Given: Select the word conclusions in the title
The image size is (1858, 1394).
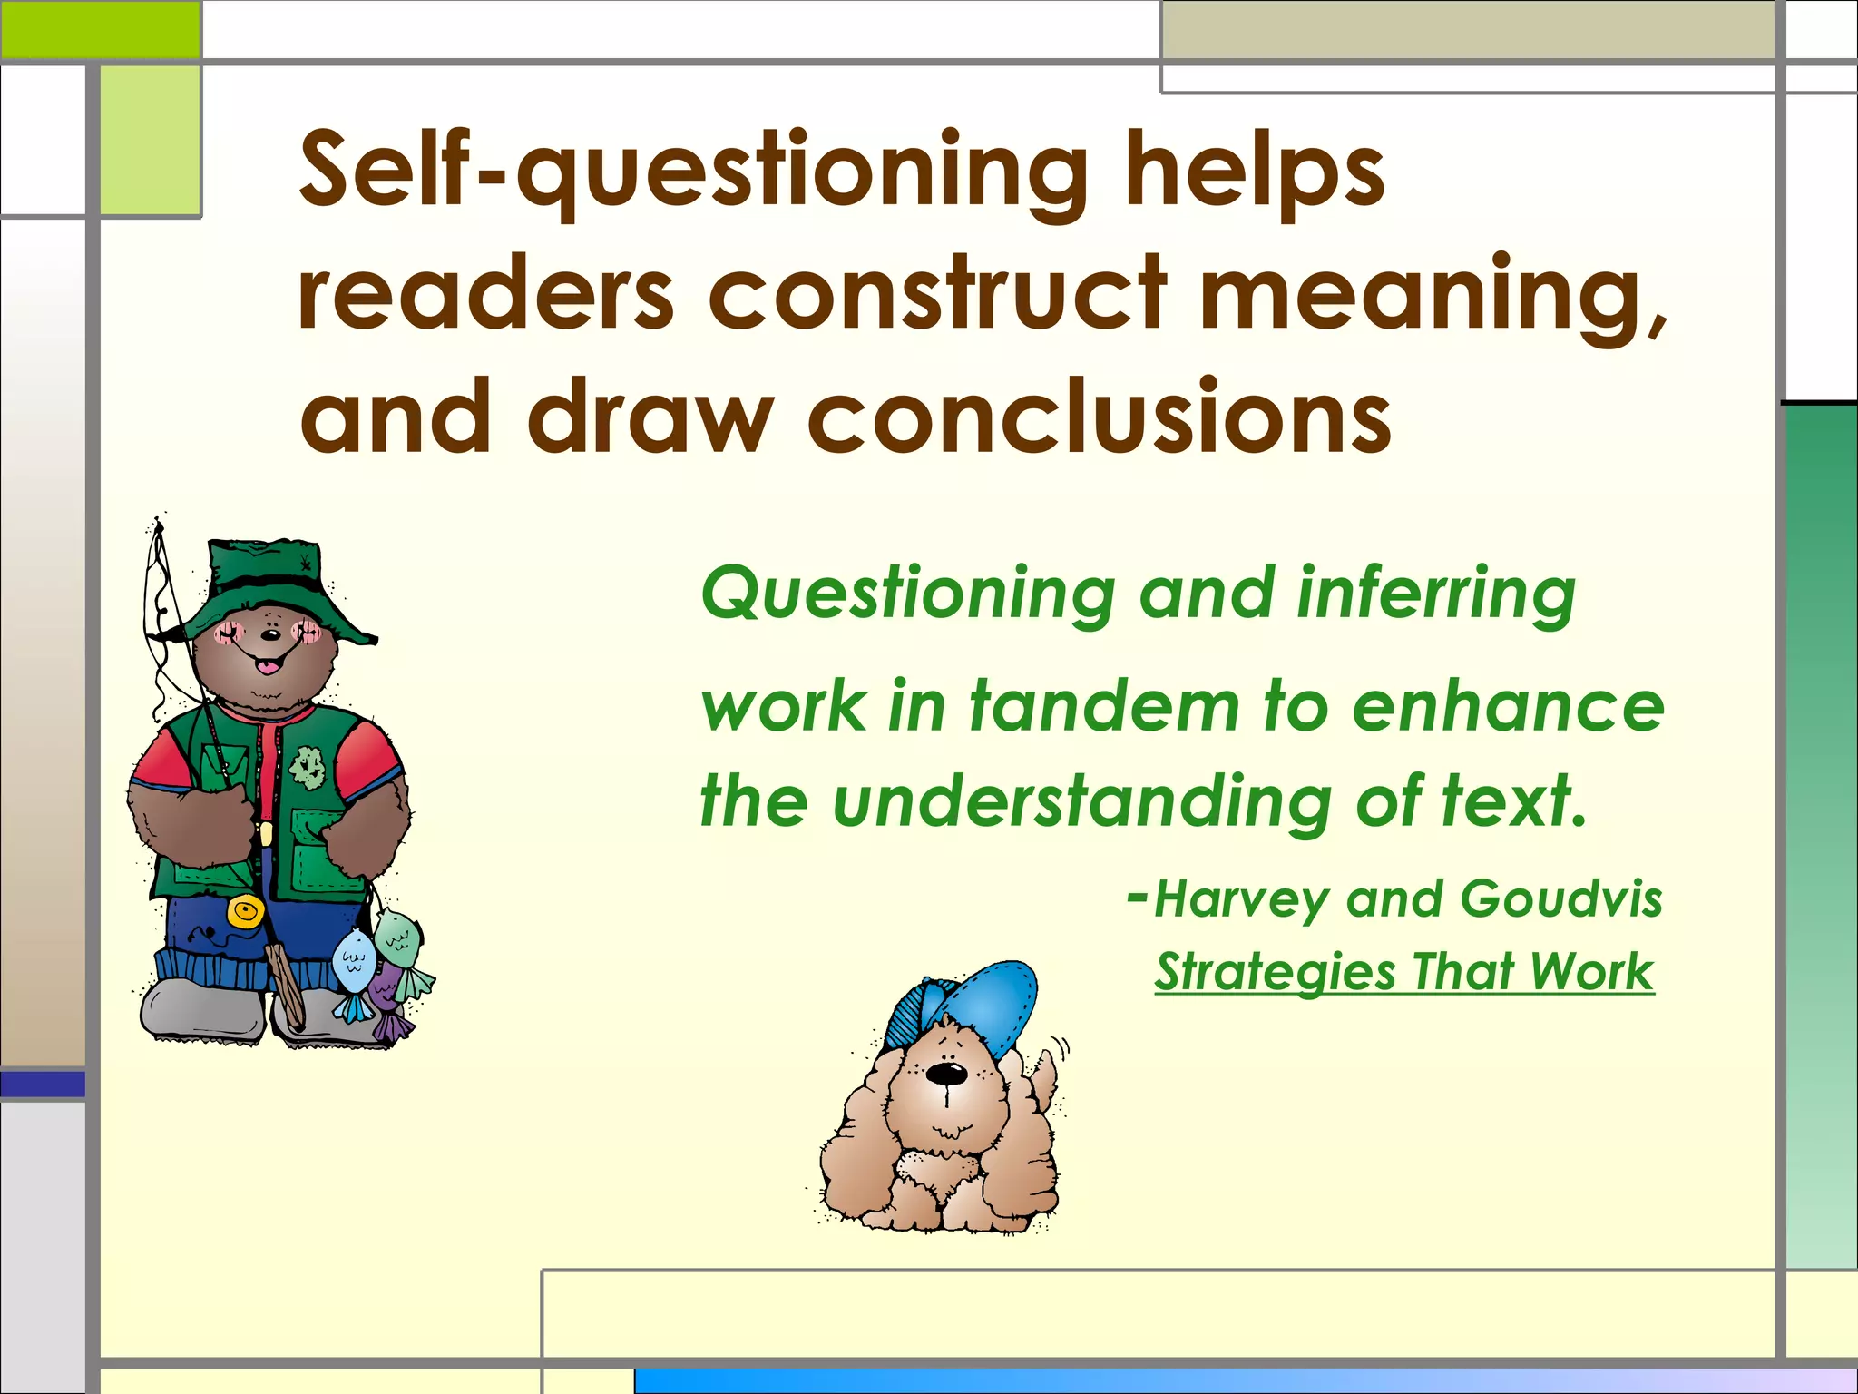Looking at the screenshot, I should pos(1099,417).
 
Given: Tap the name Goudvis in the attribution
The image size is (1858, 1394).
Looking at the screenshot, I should pos(1560,898).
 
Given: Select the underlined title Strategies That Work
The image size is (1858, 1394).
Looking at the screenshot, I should pos(1404,972).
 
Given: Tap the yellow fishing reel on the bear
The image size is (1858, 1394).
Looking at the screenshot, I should pos(244,910).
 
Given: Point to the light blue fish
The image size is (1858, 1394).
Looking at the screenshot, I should pos(352,965).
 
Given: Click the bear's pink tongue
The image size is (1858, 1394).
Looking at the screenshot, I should pos(267,668).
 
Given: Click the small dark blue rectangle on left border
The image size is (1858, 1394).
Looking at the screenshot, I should pos(43,1084).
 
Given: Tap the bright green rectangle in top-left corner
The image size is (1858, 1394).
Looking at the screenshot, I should pos(100,29).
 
